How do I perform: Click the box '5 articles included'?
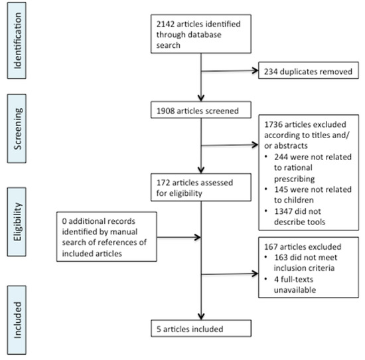pos(200,327)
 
